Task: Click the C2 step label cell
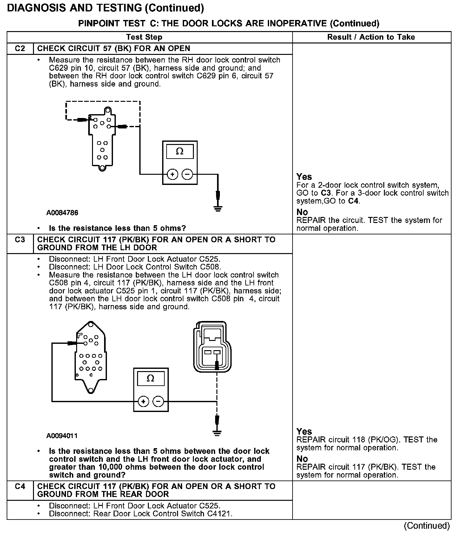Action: pos(20,49)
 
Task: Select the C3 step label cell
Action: pos(20,240)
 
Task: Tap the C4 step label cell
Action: pos(20,486)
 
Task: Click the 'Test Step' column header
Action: pos(144,37)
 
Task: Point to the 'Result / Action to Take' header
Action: pos(371,37)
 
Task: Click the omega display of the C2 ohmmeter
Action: pos(180,152)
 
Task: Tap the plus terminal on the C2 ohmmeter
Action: pos(172,174)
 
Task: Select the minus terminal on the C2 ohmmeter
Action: pos(187,174)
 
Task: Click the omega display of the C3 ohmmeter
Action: pos(151,378)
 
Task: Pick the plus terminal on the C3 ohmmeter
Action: pos(143,402)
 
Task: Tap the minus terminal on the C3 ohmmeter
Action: pos(158,402)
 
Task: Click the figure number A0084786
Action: pos(62,212)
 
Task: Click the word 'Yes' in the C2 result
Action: pos(304,177)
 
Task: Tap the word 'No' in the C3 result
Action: pos(302,459)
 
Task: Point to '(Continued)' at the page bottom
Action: pos(426,526)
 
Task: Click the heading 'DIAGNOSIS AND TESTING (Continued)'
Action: pos(105,8)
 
